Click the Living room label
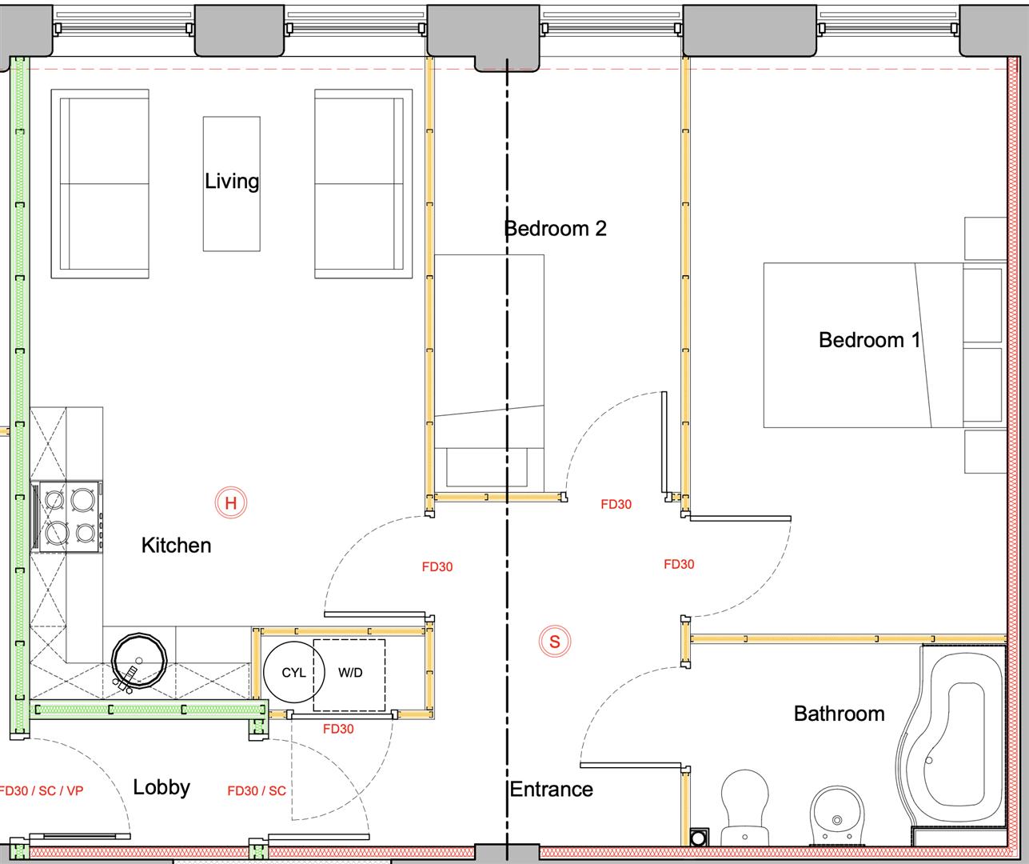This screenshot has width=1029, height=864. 232,182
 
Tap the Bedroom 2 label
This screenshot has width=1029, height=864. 556,228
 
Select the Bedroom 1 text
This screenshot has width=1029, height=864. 870,340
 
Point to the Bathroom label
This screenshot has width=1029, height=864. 840,714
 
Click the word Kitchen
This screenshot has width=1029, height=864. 176,546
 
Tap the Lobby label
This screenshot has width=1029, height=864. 162,787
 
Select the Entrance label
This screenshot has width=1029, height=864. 551,790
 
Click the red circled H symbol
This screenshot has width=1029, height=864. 230,502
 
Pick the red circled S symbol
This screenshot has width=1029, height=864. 555,642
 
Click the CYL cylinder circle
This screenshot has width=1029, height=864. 294,672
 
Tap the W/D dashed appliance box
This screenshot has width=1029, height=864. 349,675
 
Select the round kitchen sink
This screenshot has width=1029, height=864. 139,660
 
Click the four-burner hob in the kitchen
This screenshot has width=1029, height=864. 68,516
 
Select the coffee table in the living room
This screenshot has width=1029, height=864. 232,184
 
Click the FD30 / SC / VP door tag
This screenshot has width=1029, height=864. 42,791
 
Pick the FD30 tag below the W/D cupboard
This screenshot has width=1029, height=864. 338,729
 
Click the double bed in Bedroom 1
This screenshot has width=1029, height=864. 863,346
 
